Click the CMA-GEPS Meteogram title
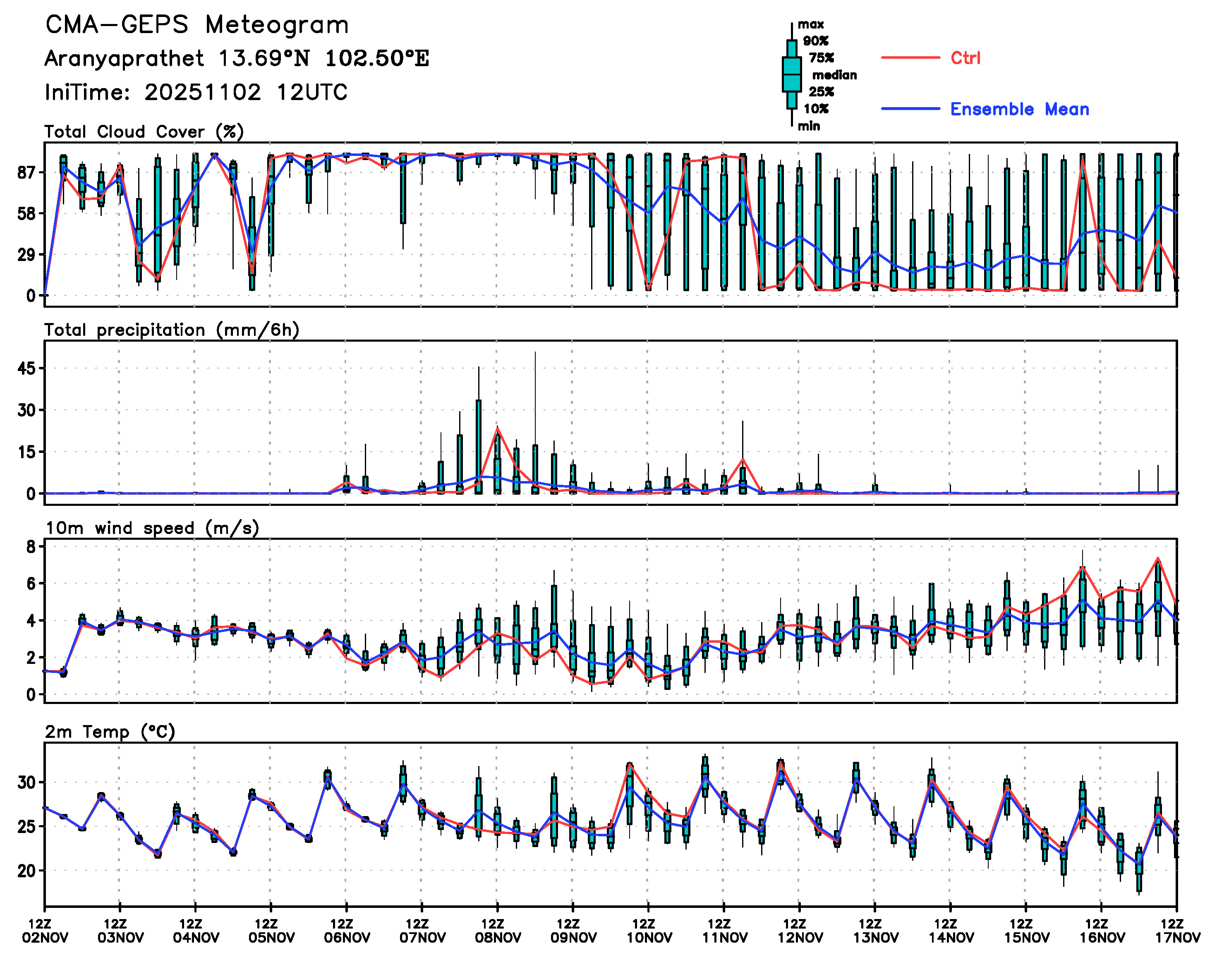click(x=197, y=25)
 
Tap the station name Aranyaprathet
click(x=124, y=58)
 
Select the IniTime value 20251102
click(x=202, y=92)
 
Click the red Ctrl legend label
click(x=965, y=58)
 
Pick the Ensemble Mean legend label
click(x=1019, y=109)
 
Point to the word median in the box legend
click(x=834, y=75)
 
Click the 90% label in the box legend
click(x=816, y=41)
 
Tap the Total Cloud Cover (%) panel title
click(x=144, y=132)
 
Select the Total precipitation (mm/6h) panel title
click(x=171, y=330)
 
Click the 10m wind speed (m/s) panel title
click(x=152, y=528)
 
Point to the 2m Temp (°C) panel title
click(x=110, y=732)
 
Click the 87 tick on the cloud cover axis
click(x=27, y=172)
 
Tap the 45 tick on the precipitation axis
click(x=27, y=369)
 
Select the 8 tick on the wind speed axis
click(x=31, y=547)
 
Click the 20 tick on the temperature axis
click(x=27, y=871)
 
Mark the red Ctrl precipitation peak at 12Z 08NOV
click(x=498, y=429)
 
